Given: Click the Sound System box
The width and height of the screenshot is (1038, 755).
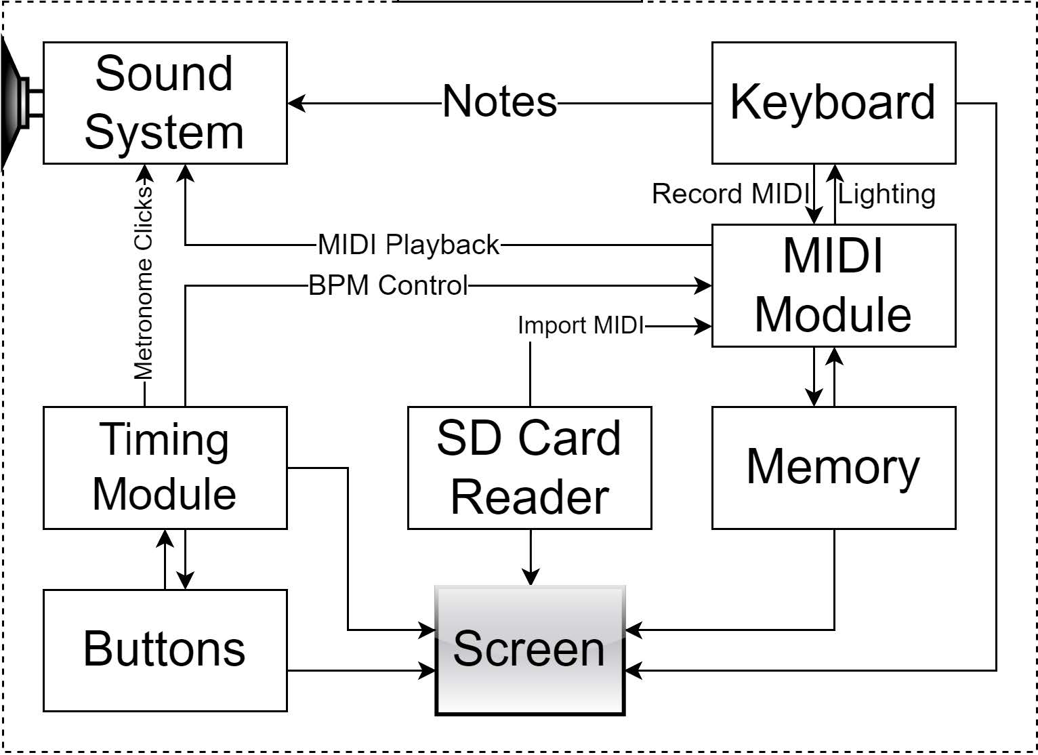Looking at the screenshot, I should click(165, 103).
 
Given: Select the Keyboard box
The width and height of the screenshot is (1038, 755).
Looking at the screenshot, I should click(833, 103).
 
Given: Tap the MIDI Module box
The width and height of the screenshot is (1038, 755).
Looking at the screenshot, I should click(833, 285).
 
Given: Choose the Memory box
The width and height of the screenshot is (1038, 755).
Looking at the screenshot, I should click(833, 468).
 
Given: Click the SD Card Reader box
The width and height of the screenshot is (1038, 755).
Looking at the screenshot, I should click(529, 468).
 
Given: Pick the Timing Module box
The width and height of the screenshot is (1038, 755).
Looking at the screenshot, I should click(165, 468).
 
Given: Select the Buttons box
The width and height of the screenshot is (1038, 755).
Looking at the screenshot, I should click(165, 650).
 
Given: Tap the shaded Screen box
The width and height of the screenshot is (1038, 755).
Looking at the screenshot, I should click(529, 650).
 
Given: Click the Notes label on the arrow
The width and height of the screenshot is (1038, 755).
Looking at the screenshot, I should click(499, 102).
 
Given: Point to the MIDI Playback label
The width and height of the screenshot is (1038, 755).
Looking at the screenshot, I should click(409, 245).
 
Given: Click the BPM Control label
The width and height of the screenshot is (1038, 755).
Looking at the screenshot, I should click(388, 285).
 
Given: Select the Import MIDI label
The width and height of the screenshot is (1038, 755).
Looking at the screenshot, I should click(581, 325).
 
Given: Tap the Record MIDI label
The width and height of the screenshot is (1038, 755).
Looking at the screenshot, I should click(730, 194).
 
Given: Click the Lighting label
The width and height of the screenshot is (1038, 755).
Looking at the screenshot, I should click(887, 195).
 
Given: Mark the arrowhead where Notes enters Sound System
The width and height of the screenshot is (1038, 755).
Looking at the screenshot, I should click(296, 104).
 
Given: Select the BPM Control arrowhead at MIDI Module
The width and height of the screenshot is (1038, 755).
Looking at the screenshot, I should click(704, 286).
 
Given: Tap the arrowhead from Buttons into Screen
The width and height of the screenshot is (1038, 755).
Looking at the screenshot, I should click(428, 671).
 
